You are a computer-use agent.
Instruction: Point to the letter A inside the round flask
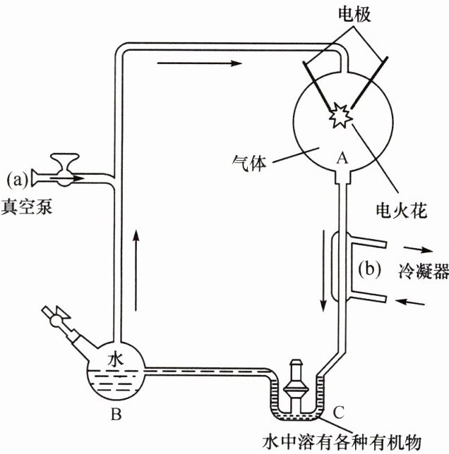click(x=342, y=159)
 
